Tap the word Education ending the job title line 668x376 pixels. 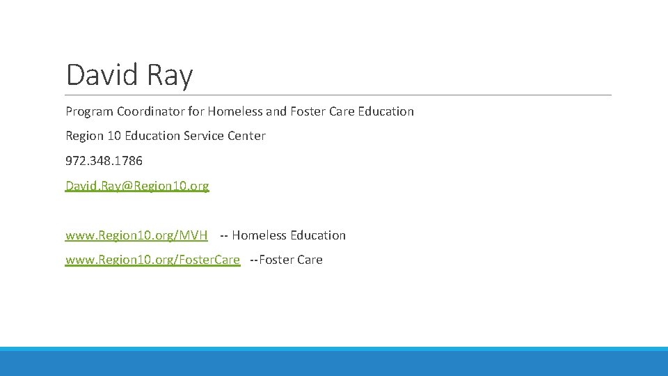[x=385, y=111]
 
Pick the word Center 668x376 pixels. [x=246, y=136]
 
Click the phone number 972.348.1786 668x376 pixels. [x=104, y=161]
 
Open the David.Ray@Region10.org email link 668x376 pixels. [x=137, y=186]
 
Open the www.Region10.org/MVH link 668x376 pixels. [x=136, y=235]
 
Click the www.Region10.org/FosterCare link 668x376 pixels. [x=152, y=260]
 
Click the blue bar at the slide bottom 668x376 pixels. [x=334, y=362]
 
